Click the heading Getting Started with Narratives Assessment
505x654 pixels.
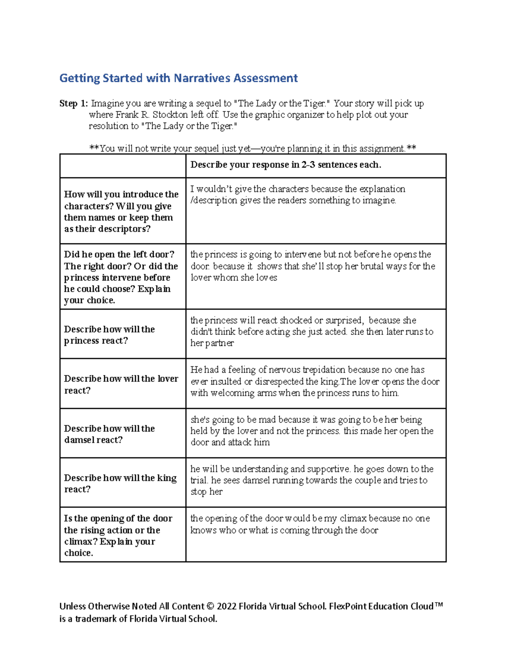point(178,78)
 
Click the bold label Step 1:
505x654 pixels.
point(74,104)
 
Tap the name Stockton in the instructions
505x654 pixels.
point(170,115)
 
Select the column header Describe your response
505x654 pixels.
point(286,165)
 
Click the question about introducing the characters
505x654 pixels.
point(121,211)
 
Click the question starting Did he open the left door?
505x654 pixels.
point(121,277)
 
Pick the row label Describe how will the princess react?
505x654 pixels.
point(109,335)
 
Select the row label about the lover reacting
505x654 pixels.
point(121,384)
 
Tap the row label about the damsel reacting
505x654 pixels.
point(109,434)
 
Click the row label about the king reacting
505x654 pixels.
point(120,483)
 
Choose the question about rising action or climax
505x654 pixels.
point(118,536)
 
